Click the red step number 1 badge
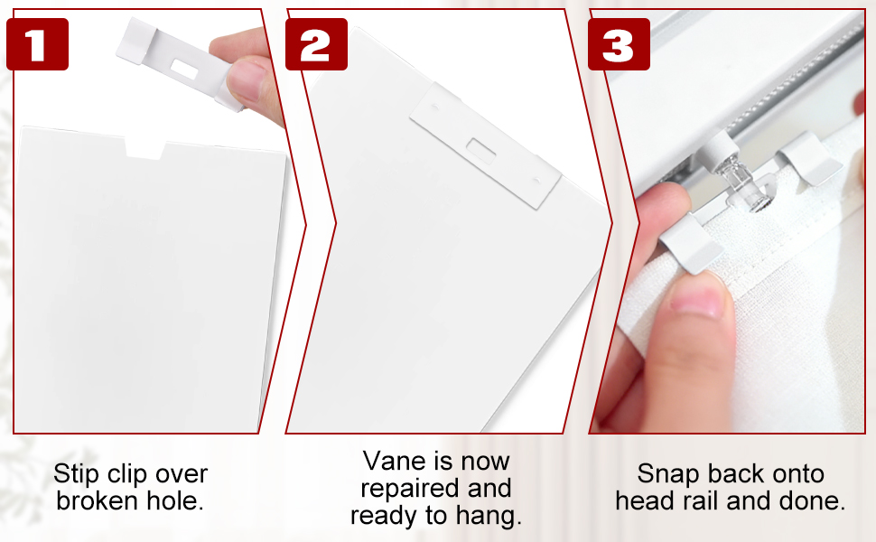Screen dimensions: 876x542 coord(37,44)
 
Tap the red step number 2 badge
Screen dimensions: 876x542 coord(316,44)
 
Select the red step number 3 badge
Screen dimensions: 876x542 coord(619,44)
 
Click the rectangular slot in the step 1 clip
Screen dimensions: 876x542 coord(184,69)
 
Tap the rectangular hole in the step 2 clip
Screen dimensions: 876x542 coord(481,149)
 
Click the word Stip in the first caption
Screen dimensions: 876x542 coord(76,474)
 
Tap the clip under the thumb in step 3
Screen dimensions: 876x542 coord(691,245)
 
